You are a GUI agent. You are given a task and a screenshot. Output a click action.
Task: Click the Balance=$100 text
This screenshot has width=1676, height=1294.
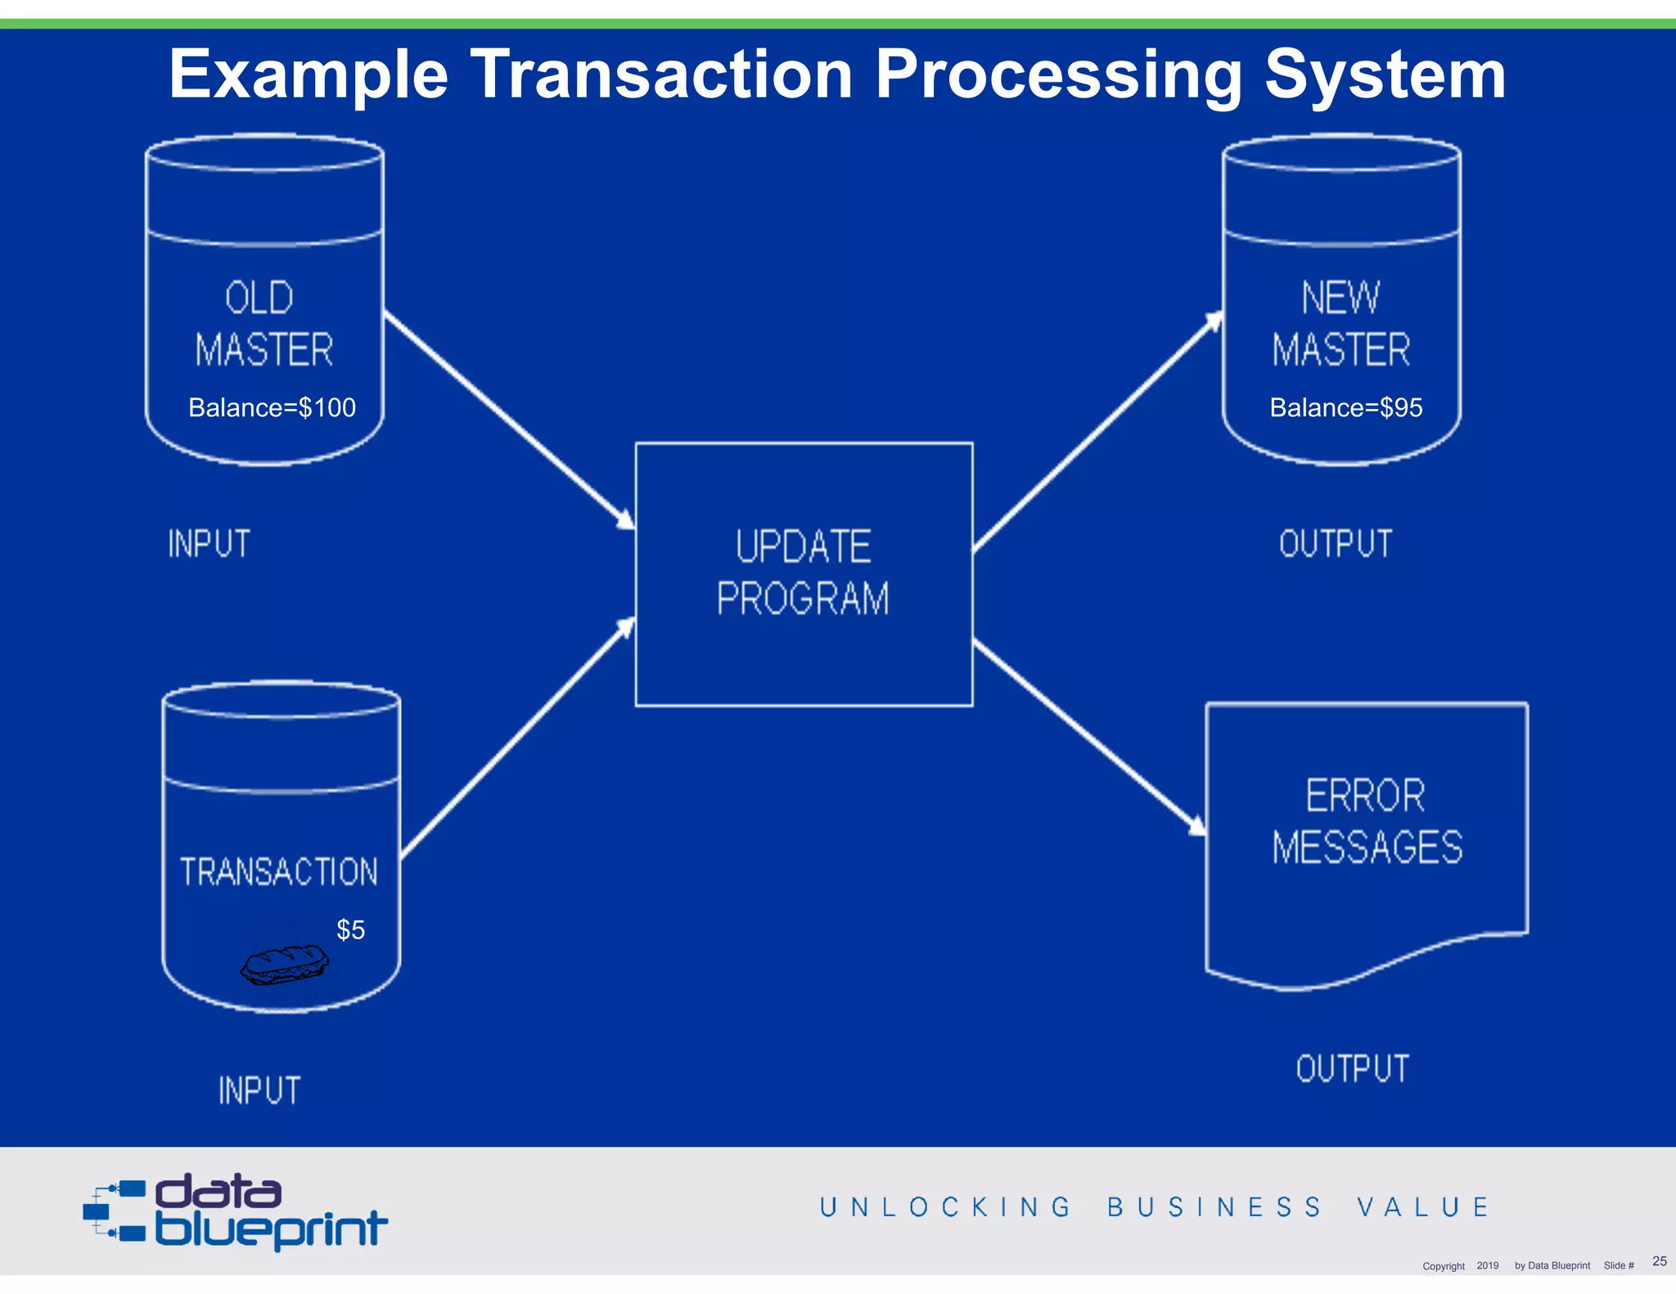(x=272, y=407)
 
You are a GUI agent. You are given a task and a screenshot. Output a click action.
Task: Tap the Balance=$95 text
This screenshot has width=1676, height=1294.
(x=1345, y=407)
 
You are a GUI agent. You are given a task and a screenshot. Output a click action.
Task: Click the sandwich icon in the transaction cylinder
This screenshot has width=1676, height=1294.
(x=285, y=964)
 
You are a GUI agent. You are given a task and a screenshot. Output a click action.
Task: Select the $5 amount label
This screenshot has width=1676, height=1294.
(x=350, y=930)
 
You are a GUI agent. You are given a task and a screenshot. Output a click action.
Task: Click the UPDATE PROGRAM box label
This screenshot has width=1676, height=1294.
(x=803, y=573)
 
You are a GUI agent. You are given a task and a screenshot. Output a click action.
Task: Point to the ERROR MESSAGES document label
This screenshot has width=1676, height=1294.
(x=1366, y=821)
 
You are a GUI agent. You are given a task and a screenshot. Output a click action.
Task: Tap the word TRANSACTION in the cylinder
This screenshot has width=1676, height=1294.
(x=279, y=872)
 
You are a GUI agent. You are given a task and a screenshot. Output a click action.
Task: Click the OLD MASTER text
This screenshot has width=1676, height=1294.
(x=263, y=324)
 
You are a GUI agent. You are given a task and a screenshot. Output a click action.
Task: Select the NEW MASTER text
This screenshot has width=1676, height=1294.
(x=1340, y=324)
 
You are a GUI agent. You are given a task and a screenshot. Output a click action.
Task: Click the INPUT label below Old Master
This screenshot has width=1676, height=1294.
(x=209, y=544)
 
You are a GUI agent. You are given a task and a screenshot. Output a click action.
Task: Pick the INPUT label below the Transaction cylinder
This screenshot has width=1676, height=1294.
(x=259, y=1090)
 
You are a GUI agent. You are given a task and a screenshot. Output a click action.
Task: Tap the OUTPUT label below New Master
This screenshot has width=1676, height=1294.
(x=1335, y=544)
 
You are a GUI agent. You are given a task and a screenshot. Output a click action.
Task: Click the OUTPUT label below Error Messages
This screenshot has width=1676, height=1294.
(x=1352, y=1069)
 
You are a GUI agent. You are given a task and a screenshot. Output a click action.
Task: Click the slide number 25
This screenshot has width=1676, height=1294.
(x=1659, y=1260)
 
